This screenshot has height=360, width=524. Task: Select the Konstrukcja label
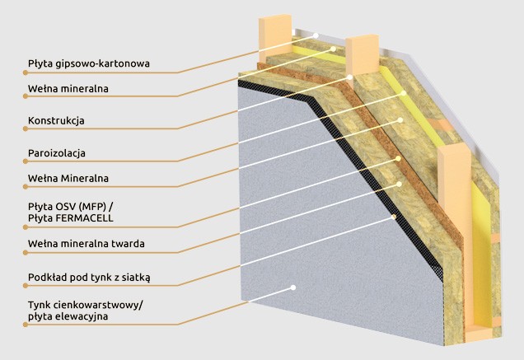click(x=56, y=120)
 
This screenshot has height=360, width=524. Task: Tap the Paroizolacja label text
click(x=57, y=152)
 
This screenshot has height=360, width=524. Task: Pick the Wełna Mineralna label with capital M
click(x=68, y=177)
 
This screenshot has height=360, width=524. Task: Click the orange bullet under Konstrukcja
click(x=25, y=130)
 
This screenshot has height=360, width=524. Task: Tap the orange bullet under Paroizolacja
click(x=25, y=162)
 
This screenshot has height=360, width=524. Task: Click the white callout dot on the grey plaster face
click(x=292, y=288)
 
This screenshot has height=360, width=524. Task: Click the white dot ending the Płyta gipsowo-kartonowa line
click(x=316, y=35)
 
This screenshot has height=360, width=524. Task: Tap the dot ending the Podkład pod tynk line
click(x=399, y=216)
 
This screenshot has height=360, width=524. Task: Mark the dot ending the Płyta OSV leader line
click(x=398, y=154)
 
